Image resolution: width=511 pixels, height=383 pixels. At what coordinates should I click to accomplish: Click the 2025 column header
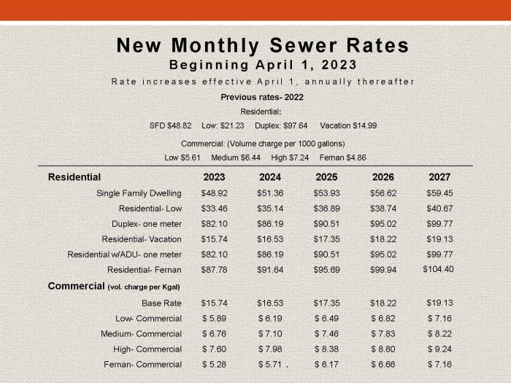tap(326, 177)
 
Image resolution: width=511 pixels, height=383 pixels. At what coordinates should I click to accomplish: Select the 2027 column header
tap(439, 177)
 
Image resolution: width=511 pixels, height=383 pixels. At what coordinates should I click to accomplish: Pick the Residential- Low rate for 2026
tap(383, 209)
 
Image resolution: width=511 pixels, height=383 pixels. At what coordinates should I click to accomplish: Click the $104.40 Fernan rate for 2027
tap(439, 269)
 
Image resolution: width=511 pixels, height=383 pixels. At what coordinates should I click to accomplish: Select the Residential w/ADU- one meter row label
tap(124, 255)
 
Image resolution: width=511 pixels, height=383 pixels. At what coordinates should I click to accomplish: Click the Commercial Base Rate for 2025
tap(326, 303)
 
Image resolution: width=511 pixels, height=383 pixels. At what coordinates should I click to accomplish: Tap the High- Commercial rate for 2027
tap(439, 349)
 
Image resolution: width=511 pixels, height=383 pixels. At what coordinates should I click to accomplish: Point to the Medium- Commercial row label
tap(142, 334)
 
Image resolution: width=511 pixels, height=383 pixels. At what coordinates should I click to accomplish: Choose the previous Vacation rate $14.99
tap(361, 125)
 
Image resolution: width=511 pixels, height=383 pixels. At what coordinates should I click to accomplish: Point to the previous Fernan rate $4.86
tap(353, 158)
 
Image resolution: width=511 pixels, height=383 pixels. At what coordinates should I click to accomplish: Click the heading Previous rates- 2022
tap(262, 97)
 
